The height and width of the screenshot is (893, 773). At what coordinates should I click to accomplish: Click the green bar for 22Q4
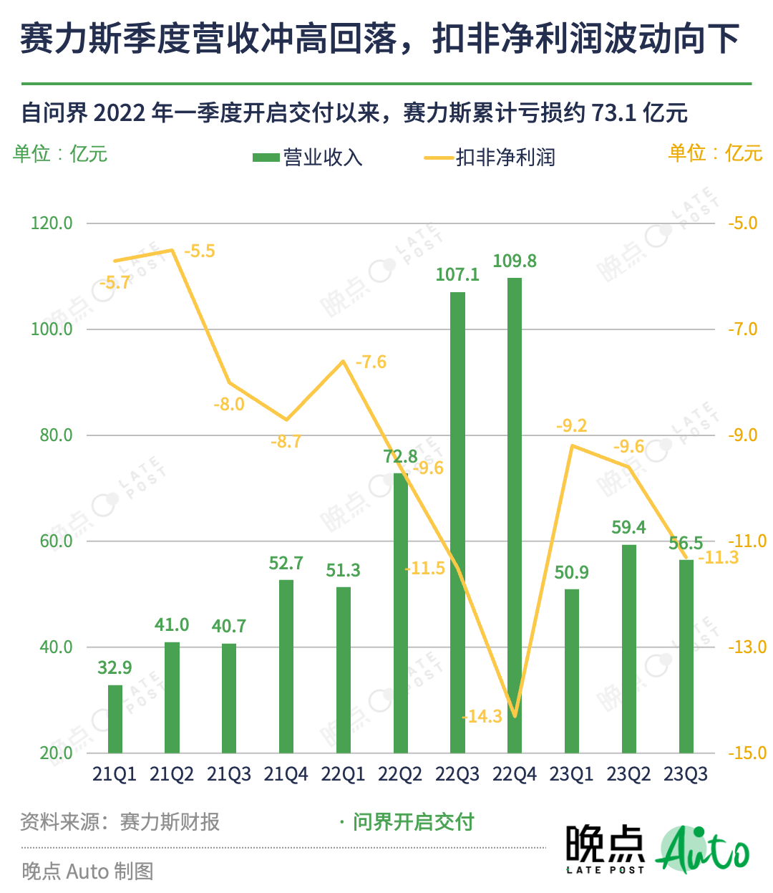(x=515, y=516)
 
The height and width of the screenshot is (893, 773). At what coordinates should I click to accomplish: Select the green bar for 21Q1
(x=115, y=719)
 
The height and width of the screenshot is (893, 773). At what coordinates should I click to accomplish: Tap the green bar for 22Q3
(x=457, y=523)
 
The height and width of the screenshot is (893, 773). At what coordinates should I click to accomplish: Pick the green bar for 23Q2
(x=628, y=649)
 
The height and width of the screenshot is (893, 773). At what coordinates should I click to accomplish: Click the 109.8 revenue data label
(x=515, y=261)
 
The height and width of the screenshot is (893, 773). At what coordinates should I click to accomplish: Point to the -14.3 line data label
(x=482, y=716)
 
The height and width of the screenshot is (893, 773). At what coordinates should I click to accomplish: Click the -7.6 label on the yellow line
(x=371, y=362)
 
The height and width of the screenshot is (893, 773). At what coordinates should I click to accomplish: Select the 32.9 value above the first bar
(x=115, y=668)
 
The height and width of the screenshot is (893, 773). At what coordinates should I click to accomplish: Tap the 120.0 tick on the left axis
(x=52, y=223)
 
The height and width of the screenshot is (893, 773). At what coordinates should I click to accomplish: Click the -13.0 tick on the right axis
(x=747, y=647)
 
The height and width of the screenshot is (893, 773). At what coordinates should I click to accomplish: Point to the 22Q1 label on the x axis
(x=343, y=774)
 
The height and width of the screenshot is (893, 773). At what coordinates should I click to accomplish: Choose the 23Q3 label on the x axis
(x=686, y=774)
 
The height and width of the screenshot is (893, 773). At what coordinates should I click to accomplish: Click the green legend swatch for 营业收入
(x=266, y=158)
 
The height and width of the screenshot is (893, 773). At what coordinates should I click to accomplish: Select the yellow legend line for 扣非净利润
(x=439, y=158)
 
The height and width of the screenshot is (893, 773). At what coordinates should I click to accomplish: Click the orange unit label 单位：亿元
(x=715, y=153)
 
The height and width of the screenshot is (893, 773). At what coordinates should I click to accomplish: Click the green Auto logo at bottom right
(x=703, y=850)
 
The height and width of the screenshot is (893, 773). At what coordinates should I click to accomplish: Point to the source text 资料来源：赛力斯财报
(x=120, y=822)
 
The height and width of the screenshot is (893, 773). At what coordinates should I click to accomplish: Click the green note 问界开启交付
(x=413, y=822)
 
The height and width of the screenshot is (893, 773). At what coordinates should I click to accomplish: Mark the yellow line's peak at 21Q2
(x=172, y=250)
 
